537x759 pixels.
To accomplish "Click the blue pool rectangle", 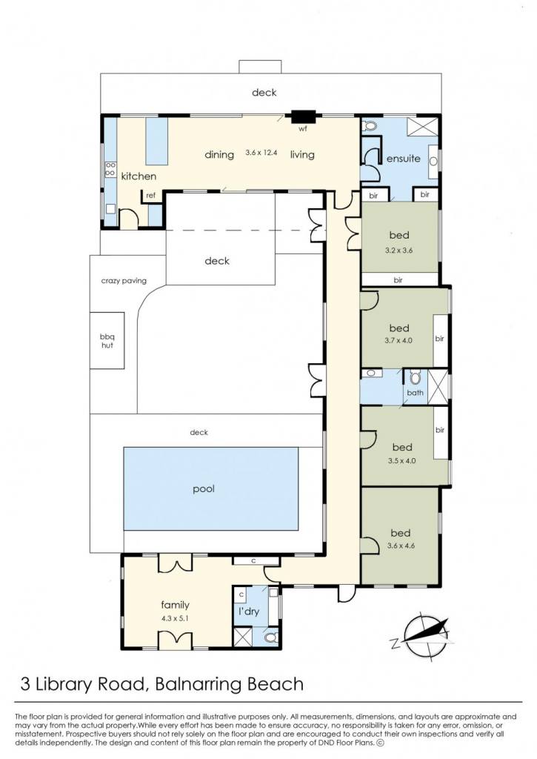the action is tap(211, 489).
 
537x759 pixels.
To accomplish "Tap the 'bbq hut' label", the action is tap(107, 341).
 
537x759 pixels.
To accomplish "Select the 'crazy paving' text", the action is tap(124, 281).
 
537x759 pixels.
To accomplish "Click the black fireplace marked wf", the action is tap(303, 116).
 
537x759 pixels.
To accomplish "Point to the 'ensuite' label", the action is tap(404, 159).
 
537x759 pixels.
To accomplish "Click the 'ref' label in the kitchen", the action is tap(151, 196).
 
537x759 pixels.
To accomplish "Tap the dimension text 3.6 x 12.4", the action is tap(261, 152).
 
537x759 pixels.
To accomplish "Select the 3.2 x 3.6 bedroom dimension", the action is tap(398, 251).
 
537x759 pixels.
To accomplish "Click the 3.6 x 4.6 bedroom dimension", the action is tap(401, 546).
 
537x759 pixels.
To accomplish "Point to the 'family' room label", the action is tap(175, 605).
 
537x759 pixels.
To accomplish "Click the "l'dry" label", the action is tap(249, 611).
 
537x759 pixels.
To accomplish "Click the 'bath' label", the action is tap(415, 393).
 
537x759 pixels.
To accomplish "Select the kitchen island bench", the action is tap(156, 140).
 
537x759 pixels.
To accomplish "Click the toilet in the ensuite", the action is tap(370, 126).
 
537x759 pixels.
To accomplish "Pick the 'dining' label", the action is tap(219, 155).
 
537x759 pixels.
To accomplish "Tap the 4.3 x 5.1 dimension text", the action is tap(175, 618).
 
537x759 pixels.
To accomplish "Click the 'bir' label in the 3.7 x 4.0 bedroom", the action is tap(439, 339).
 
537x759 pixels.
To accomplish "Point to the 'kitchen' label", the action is tap(139, 176).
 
